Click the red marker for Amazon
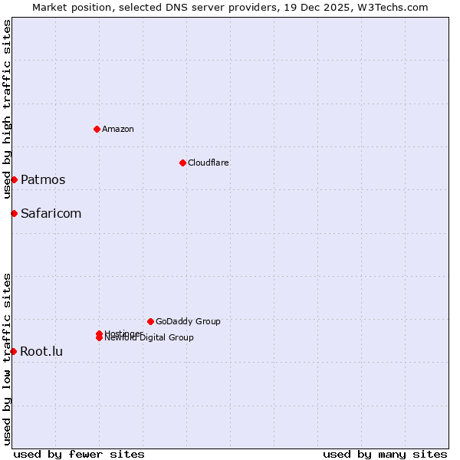click(97, 129)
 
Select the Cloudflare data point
click(182, 163)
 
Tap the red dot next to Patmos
click(14, 179)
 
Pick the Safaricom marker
click(14, 213)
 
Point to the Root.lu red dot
click(13, 351)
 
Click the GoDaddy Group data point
click(150, 321)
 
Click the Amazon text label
click(118, 129)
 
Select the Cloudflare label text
click(209, 163)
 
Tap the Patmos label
click(43, 180)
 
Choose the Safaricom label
click(51, 214)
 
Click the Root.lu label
click(41, 352)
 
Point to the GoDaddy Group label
click(188, 322)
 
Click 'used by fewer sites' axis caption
click(79, 454)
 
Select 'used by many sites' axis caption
click(385, 454)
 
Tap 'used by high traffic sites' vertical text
click(7, 110)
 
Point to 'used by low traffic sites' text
click(7, 358)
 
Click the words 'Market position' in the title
click(70, 7)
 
